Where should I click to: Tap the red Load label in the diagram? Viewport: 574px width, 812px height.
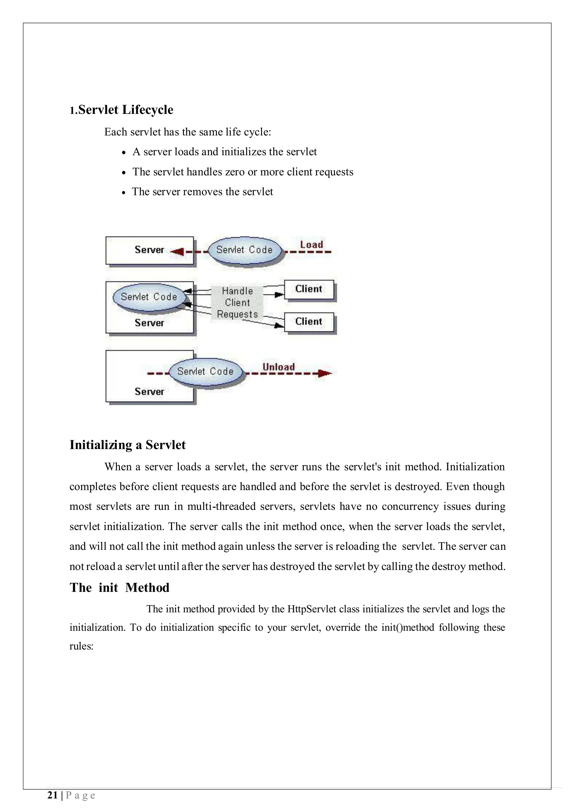pos(311,244)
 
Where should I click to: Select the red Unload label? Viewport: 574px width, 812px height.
pos(278,367)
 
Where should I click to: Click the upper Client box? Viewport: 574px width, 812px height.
pos(309,289)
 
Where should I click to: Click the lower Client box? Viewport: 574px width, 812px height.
pos(309,322)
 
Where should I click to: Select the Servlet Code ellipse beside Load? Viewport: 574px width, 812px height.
pos(245,250)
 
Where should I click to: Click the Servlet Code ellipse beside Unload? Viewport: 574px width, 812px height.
pos(205,371)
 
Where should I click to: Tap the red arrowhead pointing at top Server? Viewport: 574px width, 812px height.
pos(177,252)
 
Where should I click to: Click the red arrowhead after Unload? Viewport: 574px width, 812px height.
pos(324,373)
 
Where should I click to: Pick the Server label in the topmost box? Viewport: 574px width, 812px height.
pos(149,250)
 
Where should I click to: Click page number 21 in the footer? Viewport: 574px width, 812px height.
pos(52,795)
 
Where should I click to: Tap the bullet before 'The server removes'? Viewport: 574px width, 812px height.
pos(123,193)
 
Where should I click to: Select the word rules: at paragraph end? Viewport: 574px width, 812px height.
pos(81,646)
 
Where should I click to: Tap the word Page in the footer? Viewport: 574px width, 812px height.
pos(81,795)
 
